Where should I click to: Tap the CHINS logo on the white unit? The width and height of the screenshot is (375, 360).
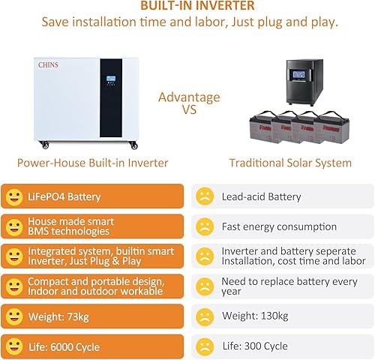[x=50, y=65]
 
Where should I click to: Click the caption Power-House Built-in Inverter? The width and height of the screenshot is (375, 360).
[x=92, y=163]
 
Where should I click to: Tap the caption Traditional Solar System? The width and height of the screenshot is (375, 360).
[x=290, y=163]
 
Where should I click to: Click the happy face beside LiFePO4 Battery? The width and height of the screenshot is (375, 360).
[x=13, y=197]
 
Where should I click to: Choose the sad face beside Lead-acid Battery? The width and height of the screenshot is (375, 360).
[x=204, y=197]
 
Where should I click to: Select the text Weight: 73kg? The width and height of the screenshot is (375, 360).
[x=58, y=317]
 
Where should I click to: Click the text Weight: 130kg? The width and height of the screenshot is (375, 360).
[x=255, y=317]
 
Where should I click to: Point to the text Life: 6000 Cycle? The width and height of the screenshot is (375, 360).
[x=64, y=347]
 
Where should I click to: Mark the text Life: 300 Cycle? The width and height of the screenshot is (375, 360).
[x=254, y=347]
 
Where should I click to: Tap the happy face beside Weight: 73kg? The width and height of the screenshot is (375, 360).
[x=13, y=316]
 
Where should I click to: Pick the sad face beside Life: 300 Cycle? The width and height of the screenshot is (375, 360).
[x=204, y=346]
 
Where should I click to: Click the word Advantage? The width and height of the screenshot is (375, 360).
[x=189, y=97]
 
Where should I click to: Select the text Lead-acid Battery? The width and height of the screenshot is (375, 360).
[x=261, y=197]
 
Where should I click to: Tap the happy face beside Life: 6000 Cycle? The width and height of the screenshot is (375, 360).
[x=13, y=346]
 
